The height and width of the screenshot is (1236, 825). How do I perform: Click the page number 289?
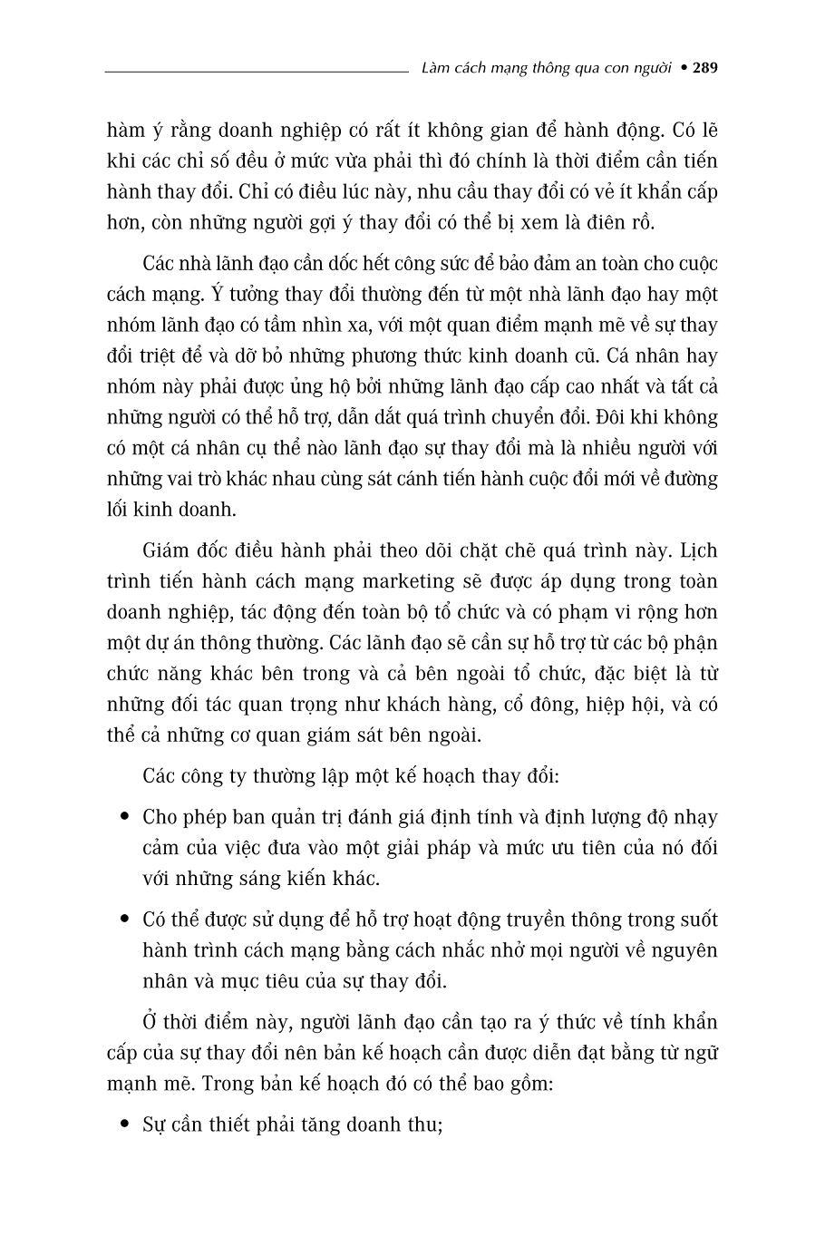click(x=704, y=67)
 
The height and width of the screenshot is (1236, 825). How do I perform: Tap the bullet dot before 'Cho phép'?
click(x=125, y=817)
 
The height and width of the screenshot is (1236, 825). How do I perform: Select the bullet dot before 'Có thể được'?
click(x=125, y=920)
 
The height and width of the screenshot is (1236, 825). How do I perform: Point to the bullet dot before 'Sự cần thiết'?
click(x=125, y=1125)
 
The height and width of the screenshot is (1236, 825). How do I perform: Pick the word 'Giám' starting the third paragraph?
click(x=167, y=550)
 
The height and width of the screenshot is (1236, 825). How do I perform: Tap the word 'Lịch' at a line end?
click(x=698, y=550)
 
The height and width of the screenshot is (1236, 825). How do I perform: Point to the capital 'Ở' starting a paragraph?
click(x=150, y=1022)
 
